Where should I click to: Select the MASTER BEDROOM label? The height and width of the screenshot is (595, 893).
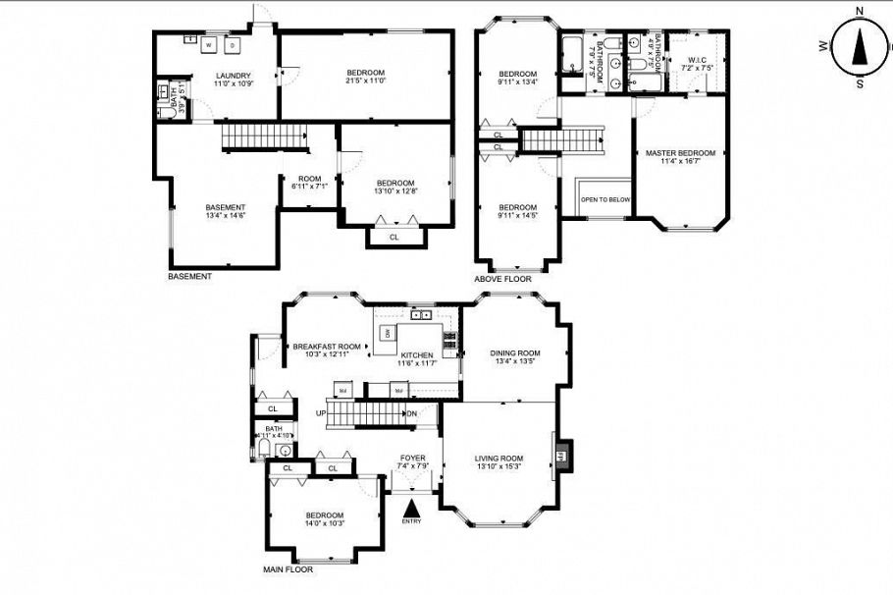[x=680, y=153]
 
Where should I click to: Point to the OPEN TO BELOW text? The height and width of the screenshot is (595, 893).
[x=605, y=199]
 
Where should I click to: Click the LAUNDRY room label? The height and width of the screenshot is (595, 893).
[x=234, y=76]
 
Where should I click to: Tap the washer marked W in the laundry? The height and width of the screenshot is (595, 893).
[x=208, y=45]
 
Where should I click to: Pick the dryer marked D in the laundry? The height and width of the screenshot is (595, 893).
[x=233, y=45]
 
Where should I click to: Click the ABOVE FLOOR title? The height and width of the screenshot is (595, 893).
[x=502, y=279]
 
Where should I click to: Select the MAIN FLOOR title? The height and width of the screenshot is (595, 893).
[x=288, y=569]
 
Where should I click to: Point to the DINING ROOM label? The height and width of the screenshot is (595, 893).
[x=515, y=353]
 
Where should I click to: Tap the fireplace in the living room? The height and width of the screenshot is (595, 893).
[x=562, y=456]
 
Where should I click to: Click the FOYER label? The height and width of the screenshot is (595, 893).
[x=412, y=458]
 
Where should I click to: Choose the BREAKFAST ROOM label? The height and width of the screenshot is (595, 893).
[x=326, y=347]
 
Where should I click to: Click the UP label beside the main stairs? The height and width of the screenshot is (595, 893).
[x=320, y=413]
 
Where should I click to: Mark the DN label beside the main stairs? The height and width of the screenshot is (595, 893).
[x=412, y=413]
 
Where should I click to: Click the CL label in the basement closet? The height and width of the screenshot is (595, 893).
[x=394, y=237]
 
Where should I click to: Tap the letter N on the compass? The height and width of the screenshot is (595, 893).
[x=860, y=11]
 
